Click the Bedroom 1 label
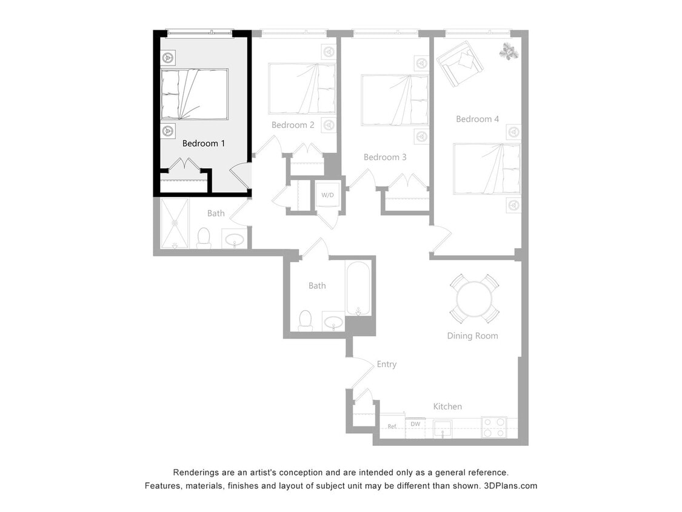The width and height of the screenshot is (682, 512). click(x=204, y=144)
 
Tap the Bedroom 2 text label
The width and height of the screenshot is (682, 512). click(x=293, y=125)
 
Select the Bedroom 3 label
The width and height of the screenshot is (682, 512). click(x=385, y=157)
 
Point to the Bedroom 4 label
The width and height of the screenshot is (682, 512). click(x=477, y=119)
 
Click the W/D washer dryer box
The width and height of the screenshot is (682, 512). click(x=327, y=195)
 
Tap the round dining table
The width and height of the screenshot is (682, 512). click(x=475, y=298)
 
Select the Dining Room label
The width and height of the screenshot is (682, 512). click(x=472, y=335)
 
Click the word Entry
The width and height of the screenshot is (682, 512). click(x=386, y=364)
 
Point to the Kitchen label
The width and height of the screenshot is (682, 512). click(x=447, y=406)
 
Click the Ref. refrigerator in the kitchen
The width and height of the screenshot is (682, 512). click(x=392, y=426)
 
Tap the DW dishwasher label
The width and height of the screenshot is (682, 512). click(x=415, y=424)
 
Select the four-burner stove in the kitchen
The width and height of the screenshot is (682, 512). click(x=493, y=427)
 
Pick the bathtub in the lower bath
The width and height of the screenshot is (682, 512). click(x=359, y=288)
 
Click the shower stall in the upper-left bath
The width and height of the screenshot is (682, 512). click(x=175, y=223)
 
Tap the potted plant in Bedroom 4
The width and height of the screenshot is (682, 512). click(x=508, y=52)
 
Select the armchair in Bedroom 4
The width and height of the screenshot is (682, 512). click(x=459, y=63)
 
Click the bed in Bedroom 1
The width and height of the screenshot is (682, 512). click(x=194, y=94)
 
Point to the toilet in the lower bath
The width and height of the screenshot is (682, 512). click(x=306, y=320)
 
